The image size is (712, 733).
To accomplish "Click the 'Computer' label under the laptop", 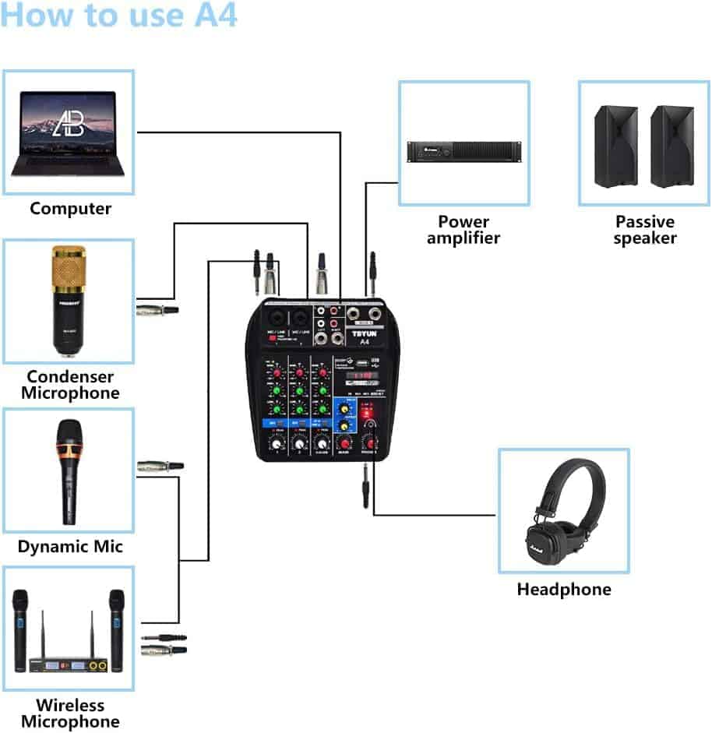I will pyautogui.click(x=70, y=209).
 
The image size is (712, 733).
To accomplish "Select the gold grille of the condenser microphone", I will pyautogui.click(x=69, y=268).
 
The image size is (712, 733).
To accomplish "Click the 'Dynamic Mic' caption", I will pyautogui.click(x=70, y=546).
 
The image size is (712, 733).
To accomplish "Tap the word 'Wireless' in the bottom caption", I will pyautogui.click(x=70, y=706).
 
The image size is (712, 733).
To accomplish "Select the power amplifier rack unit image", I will pyautogui.click(x=464, y=151).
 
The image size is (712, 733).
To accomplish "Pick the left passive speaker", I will pyautogui.click(x=615, y=146).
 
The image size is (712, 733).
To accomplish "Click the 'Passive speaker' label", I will pyautogui.click(x=644, y=230).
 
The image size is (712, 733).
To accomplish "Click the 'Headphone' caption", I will pyautogui.click(x=564, y=590).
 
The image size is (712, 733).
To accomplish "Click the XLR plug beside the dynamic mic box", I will pyautogui.click(x=160, y=466).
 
